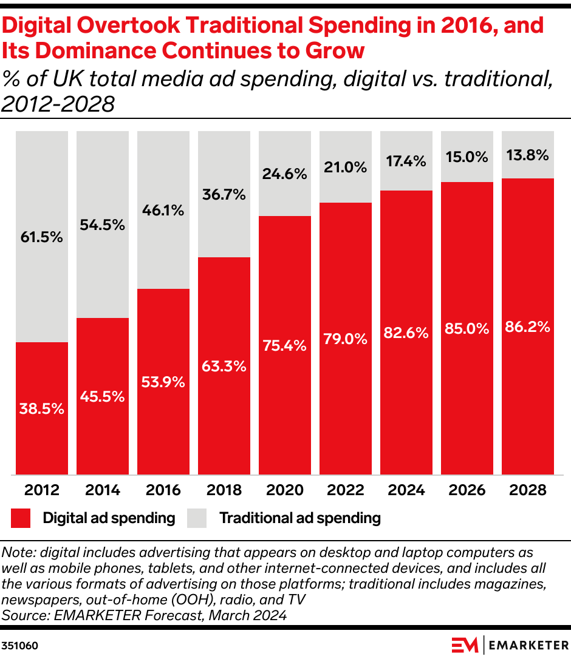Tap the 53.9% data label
coord(163,382)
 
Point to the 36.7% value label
coord(224,195)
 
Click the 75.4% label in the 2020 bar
coord(285,345)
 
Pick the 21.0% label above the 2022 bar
coord(346,167)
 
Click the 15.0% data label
coord(467,157)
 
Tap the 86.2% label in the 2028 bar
coord(528,326)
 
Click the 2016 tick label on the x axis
coord(163,490)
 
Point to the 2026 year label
coord(467,490)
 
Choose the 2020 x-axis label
coord(285,490)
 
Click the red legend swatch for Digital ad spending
coord(21,518)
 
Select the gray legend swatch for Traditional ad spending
coord(197,518)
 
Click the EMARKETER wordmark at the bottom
coord(528,644)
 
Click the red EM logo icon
coord(465,644)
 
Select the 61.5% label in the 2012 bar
coord(42,237)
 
